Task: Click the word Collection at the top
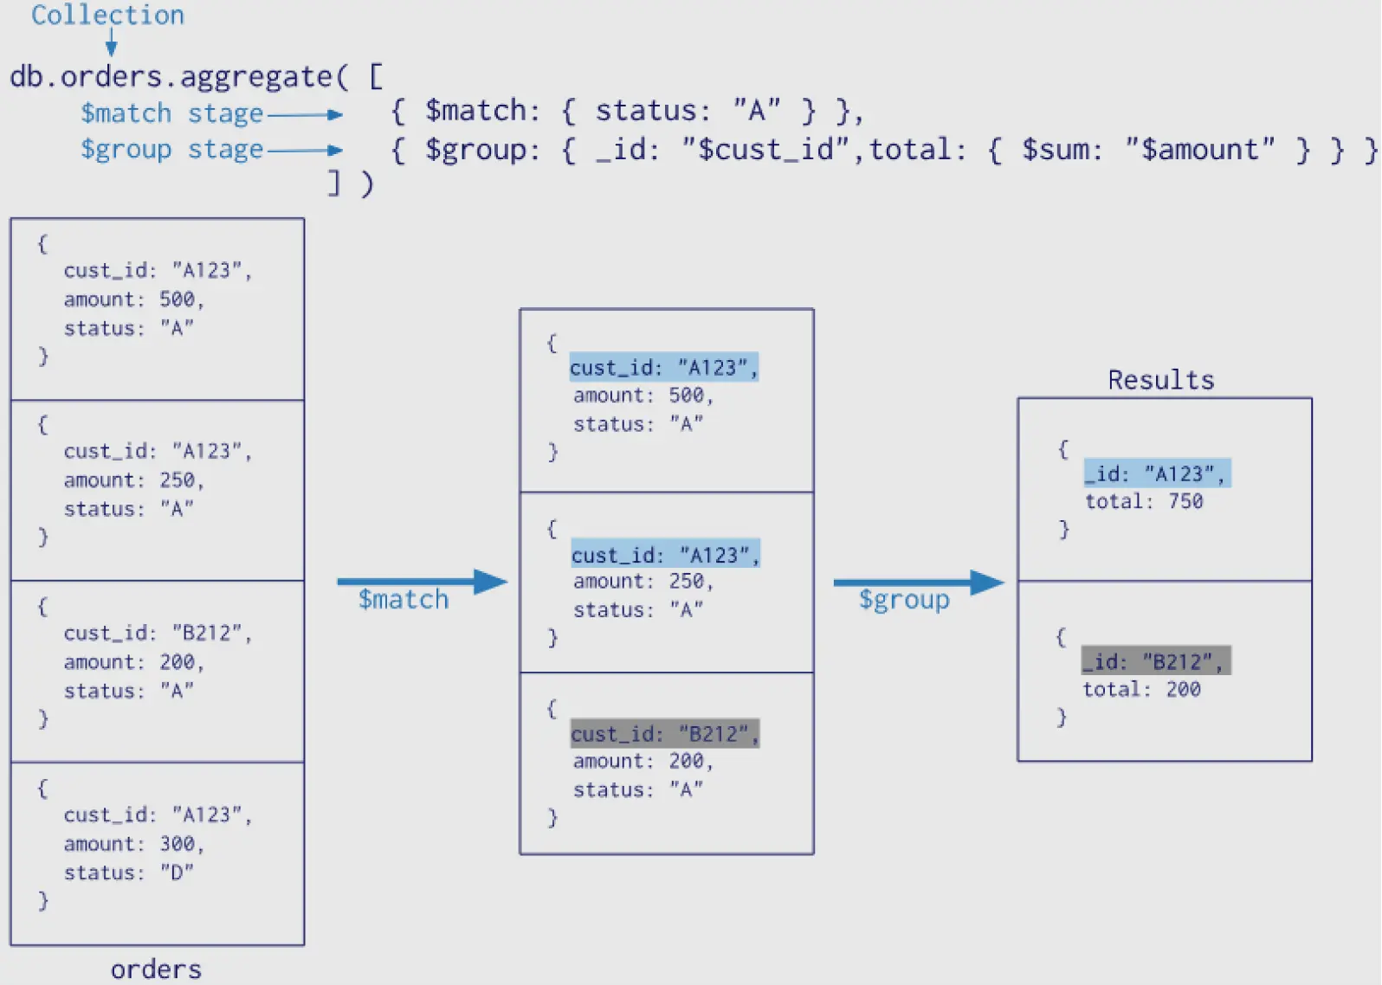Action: (x=107, y=15)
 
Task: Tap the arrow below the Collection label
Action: (x=111, y=42)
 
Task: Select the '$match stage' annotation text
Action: (x=171, y=113)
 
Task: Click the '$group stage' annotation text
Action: (x=171, y=149)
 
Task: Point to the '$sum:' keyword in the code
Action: (x=1062, y=150)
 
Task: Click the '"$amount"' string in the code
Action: (x=1199, y=150)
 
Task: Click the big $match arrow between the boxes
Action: (x=422, y=581)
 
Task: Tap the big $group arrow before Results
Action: (x=918, y=583)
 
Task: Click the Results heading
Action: (x=1160, y=380)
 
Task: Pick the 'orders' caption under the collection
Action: (x=156, y=969)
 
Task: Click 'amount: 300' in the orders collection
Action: (x=132, y=844)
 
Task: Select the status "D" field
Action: (x=128, y=872)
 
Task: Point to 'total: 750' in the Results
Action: (x=1144, y=501)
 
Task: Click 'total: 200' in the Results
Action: (x=1141, y=689)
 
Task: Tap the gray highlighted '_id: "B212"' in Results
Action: (x=1155, y=661)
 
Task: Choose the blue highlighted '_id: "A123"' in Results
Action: (x=1157, y=473)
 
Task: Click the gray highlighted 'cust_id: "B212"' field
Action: (x=664, y=734)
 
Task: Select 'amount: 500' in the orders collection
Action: (x=132, y=299)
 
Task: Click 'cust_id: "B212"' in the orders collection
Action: (x=157, y=633)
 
